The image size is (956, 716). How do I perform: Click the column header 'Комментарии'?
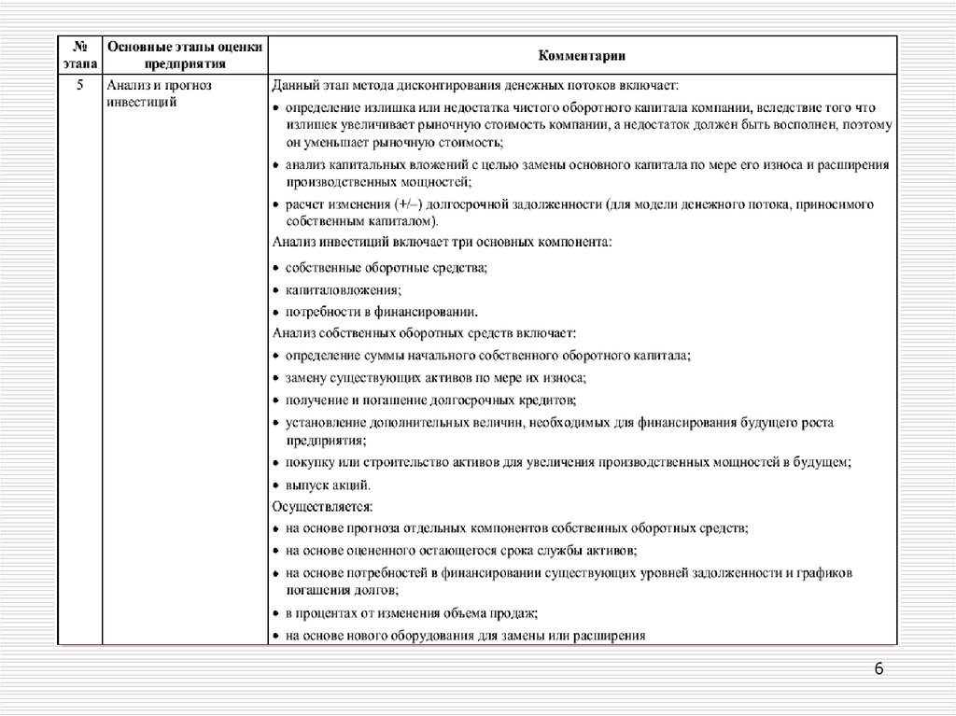click(x=582, y=55)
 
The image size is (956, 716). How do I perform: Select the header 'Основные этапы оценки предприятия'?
click(x=185, y=55)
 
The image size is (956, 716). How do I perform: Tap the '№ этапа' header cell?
click(x=79, y=55)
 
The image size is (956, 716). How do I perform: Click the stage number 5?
click(x=79, y=85)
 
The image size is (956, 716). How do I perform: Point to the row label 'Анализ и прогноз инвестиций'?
click(x=160, y=92)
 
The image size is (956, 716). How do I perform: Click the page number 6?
click(x=879, y=668)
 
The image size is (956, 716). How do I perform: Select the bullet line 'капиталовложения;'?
click(x=344, y=290)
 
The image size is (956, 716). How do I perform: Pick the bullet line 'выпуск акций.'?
click(x=329, y=485)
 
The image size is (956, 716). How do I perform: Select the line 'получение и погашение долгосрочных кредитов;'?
click(x=430, y=400)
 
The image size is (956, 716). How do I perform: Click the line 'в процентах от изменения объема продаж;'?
click(x=412, y=614)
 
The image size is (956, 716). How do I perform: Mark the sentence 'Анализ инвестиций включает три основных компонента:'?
click(x=443, y=241)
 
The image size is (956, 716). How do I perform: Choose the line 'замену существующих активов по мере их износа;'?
click(x=436, y=378)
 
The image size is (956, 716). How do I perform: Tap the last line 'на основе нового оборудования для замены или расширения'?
click(x=466, y=637)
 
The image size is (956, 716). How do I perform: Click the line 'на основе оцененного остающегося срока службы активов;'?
click(x=462, y=551)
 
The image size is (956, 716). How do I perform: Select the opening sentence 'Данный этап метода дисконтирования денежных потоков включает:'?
click(x=476, y=85)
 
